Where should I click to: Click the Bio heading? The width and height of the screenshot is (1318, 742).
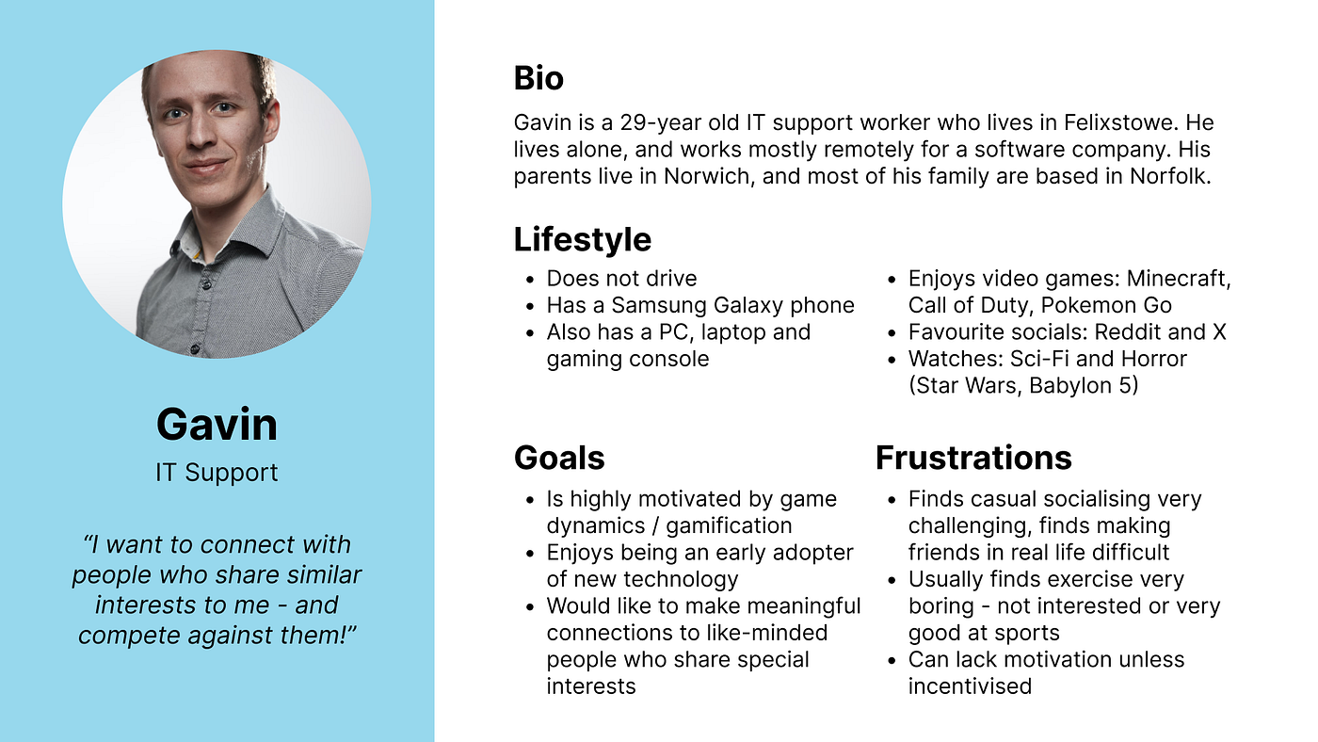[538, 78]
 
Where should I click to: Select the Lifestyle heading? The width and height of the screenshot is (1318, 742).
[582, 239]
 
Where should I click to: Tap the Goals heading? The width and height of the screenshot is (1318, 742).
[558, 458]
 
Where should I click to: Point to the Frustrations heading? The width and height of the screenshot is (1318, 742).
[973, 458]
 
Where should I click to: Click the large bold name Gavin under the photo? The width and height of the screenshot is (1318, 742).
[217, 424]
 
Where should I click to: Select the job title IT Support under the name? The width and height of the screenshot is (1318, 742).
[217, 472]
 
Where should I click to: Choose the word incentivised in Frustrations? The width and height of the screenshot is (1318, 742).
[970, 686]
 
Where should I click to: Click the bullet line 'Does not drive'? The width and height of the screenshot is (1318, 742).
[621, 279]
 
